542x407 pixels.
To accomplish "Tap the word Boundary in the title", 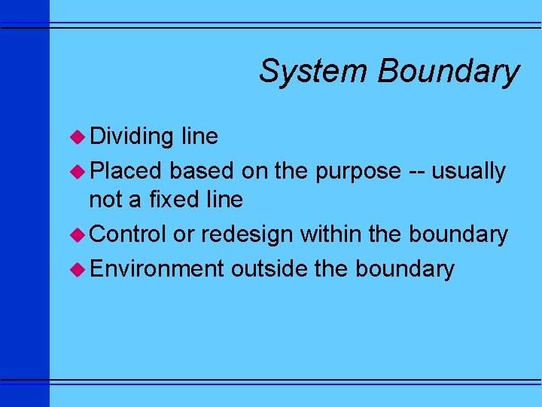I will coord(449,72).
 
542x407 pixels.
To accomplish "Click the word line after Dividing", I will coord(199,136).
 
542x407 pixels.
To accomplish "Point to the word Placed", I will coord(126,171).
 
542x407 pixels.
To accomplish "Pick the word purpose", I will coord(358,172).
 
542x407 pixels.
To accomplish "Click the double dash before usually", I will coord(416,172).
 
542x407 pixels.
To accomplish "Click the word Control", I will coord(128,234).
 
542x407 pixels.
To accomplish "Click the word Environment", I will coord(157,268).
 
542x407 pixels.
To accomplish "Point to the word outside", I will coord(269,268).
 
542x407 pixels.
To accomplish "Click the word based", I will coord(202,171).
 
